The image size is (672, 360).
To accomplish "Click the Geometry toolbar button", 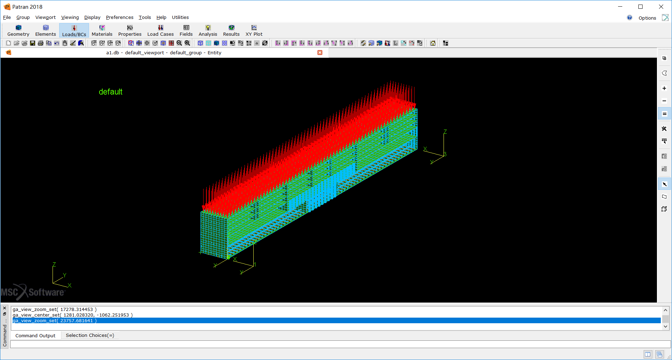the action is tap(18, 30).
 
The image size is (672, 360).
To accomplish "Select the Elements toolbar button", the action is tap(46, 30).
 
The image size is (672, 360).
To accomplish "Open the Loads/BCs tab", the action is tap(74, 30).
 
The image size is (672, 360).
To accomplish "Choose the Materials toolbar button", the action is tap(102, 30).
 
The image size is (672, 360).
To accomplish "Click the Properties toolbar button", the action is tap(130, 30).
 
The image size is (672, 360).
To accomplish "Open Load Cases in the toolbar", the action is tap(160, 30).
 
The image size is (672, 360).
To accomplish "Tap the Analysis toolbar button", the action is tap(208, 30).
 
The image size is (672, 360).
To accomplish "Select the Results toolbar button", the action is tap(231, 30).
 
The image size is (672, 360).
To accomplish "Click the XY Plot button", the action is tap(254, 30).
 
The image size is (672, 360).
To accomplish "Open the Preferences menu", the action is tap(119, 17).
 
